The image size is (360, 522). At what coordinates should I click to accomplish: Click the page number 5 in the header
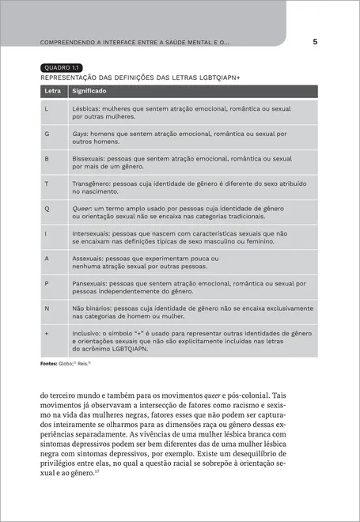click(315, 41)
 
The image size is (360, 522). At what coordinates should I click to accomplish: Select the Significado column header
click(90, 92)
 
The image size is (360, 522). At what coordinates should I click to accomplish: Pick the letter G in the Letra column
click(47, 134)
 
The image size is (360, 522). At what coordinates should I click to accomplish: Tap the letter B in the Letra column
click(47, 159)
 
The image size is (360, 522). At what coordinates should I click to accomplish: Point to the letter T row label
click(47, 183)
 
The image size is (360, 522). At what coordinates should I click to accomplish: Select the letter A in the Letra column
click(47, 259)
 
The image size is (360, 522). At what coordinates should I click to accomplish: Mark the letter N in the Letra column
click(47, 308)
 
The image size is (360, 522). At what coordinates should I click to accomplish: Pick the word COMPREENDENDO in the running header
click(66, 42)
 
